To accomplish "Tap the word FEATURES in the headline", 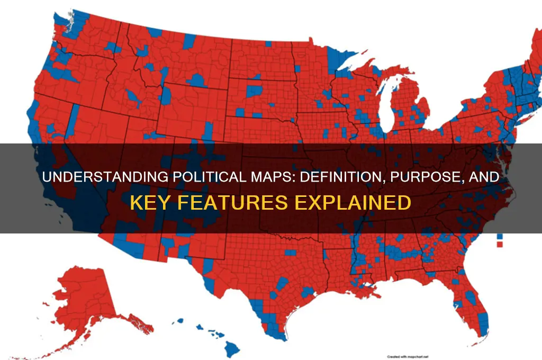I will coord(223,203).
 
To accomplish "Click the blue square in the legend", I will coord(500,236).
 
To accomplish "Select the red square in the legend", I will coord(500,245).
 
